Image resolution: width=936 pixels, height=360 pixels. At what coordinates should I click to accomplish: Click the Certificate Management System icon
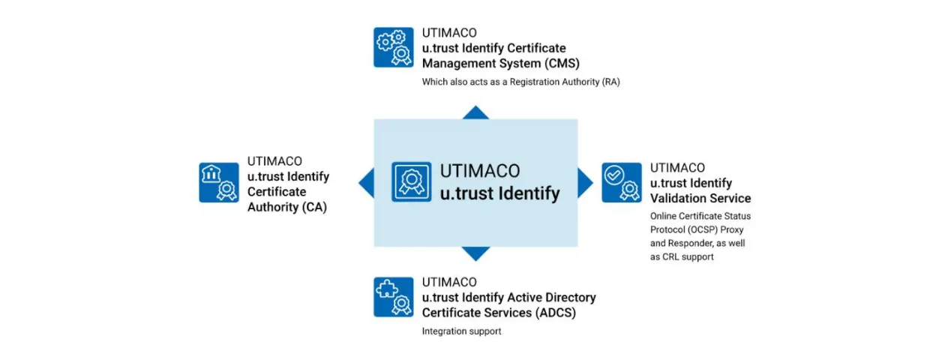[394, 47]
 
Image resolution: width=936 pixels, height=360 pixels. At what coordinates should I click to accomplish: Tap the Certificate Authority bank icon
[219, 182]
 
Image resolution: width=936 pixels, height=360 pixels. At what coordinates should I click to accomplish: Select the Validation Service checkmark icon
[622, 182]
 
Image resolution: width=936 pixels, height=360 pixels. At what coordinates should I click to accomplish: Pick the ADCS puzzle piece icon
[394, 297]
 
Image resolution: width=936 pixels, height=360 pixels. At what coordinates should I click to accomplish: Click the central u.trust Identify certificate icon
[412, 181]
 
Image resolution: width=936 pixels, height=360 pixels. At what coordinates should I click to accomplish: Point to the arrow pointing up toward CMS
[475, 112]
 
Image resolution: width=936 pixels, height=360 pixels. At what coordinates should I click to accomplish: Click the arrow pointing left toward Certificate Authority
[367, 182]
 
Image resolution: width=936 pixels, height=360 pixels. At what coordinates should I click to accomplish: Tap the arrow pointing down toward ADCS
[475, 253]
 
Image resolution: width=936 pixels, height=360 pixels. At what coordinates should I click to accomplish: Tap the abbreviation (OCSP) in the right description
[694, 229]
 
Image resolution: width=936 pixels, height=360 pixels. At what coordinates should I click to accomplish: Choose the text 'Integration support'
[461, 331]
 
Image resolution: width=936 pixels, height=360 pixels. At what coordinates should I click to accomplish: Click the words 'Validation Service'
[700, 198]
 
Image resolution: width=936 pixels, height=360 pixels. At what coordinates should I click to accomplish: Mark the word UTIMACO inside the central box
[480, 171]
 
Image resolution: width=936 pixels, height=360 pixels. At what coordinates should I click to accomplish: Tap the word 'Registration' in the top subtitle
[535, 82]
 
